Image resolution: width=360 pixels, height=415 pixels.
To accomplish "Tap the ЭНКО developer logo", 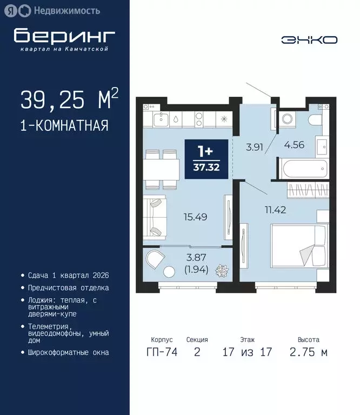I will [309, 40].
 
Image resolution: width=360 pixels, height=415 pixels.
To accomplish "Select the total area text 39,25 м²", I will [69, 100].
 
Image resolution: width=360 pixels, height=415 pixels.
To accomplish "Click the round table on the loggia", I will [169, 272].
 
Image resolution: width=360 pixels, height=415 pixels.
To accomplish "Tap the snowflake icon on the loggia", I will [222, 271].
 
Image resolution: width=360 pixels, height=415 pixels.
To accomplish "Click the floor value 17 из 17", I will [247, 353].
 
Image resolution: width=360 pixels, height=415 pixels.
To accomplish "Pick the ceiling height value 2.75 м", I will [308, 353].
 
